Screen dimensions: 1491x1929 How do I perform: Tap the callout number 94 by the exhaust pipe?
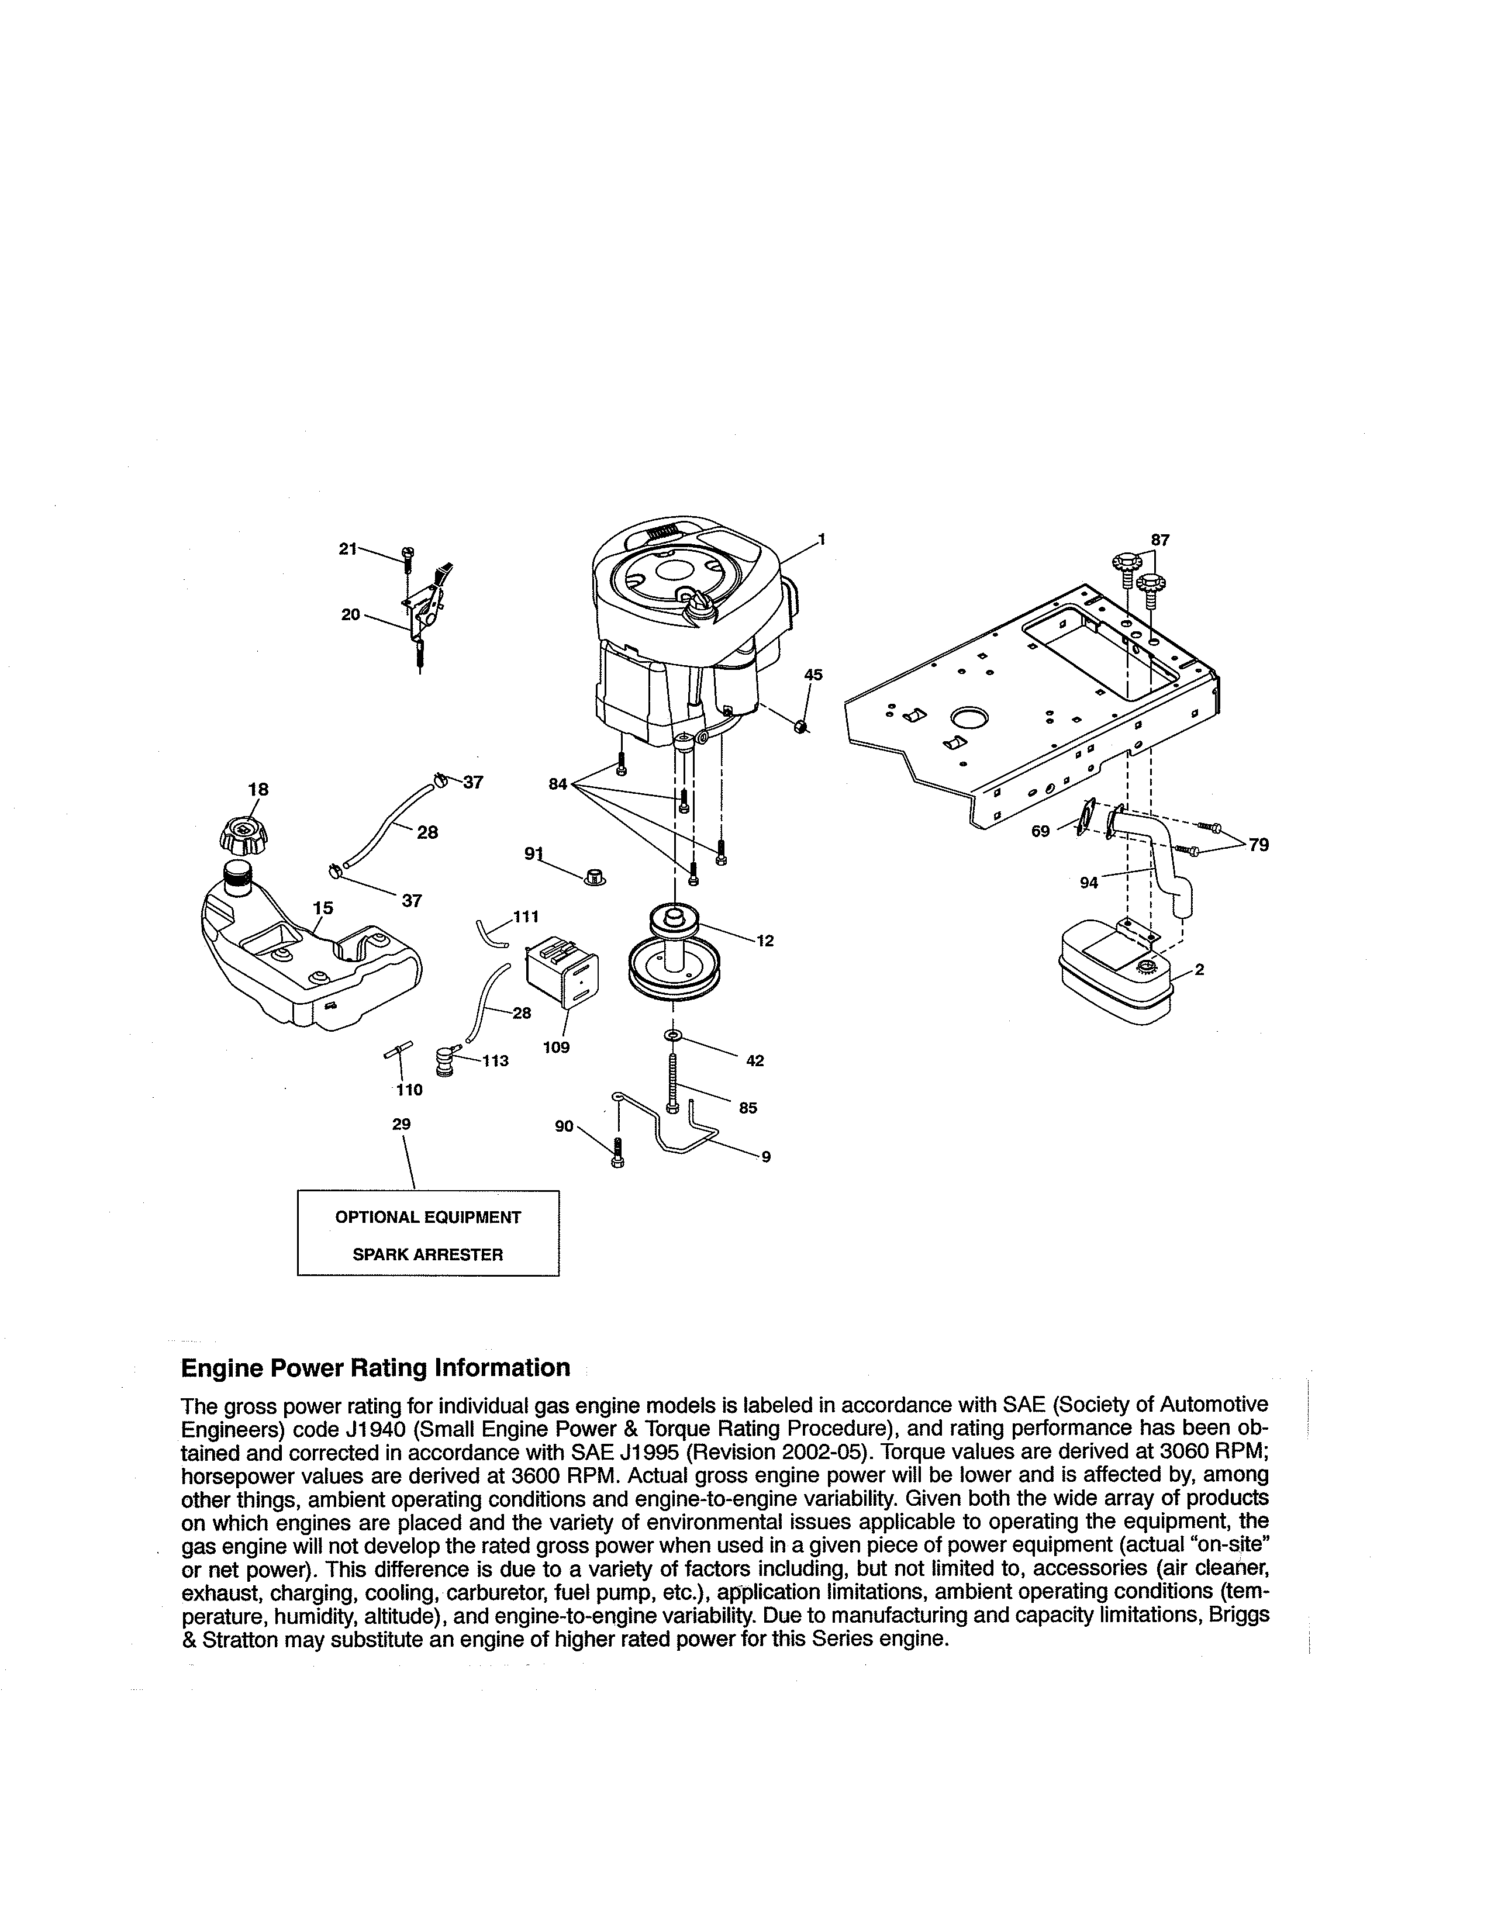[1089, 881]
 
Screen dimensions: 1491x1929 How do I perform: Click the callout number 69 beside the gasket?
[1041, 831]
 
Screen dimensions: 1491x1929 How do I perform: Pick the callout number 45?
[813, 675]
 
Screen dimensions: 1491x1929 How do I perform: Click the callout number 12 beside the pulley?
[765, 942]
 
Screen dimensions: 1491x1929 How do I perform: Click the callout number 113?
[495, 1061]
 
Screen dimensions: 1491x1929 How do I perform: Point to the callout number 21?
[348, 548]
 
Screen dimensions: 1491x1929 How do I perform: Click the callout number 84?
[557, 783]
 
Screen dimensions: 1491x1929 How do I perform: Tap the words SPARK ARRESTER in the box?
[427, 1254]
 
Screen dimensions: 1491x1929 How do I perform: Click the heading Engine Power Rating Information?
[375, 1368]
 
